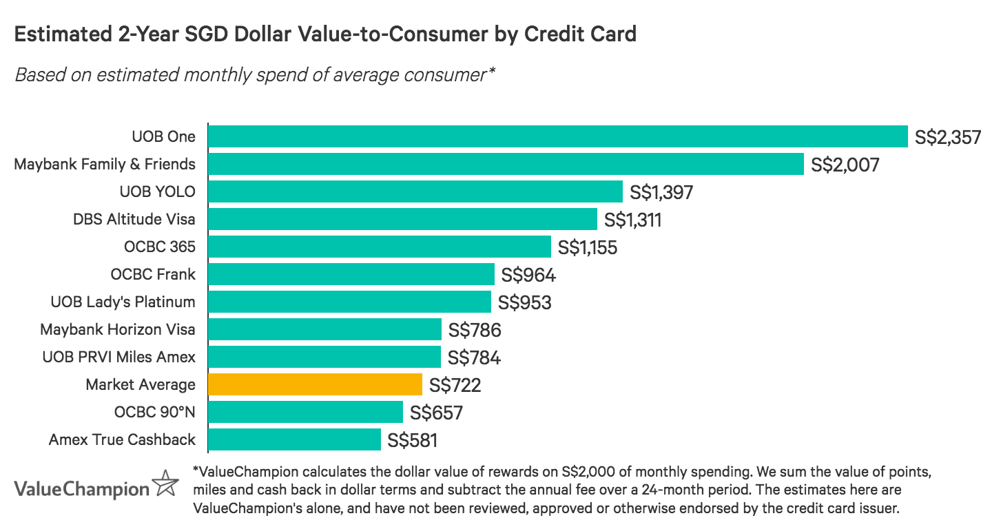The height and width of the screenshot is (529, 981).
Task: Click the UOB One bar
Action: pyautogui.click(x=557, y=136)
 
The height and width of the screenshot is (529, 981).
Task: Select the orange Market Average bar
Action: pyautogui.click(x=315, y=384)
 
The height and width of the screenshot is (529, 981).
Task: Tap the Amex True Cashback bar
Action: pyautogui.click(x=294, y=439)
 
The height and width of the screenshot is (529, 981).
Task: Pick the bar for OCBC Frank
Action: pyautogui.click(x=351, y=274)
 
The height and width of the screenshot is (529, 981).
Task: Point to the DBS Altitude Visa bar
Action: pyautogui.click(x=402, y=219)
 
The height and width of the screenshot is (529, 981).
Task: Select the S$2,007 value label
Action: pyautogui.click(x=845, y=165)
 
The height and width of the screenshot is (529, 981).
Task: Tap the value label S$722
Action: pyautogui.click(x=455, y=385)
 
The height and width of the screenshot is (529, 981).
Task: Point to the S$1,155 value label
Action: pyautogui.click(x=588, y=247)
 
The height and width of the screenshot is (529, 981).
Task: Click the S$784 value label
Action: pyautogui.click(x=474, y=357)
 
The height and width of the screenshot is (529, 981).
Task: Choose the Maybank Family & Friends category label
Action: pyautogui.click(x=105, y=164)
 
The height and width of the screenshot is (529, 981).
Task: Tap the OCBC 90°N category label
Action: pyautogui.click(x=155, y=412)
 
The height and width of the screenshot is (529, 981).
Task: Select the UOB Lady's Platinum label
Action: pyautogui.click(x=123, y=302)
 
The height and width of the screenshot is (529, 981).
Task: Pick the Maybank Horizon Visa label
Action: pyautogui.click(x=118, y=329)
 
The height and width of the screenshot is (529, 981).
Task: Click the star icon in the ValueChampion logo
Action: pyautogui.click(x=165, y=484)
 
